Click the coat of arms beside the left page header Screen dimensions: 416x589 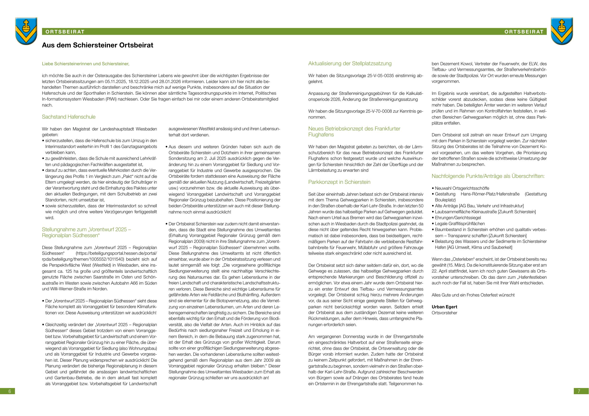[26, 31]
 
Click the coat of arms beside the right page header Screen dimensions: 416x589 [562, 31]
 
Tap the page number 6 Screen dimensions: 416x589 [9, 391]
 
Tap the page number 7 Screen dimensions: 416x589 [579, 391]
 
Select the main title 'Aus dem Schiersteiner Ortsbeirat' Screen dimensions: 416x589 [98, 45]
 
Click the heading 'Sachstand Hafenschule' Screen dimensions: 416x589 [69, 117]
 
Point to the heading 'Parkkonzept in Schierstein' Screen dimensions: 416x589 [339, 182]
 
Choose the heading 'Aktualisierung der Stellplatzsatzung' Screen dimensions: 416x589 [350, 64]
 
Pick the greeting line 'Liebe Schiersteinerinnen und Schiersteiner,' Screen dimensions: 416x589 [85, 64]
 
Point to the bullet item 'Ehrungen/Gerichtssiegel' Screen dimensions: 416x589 [458, 218]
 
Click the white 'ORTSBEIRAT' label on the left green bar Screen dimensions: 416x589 [65, 32]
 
